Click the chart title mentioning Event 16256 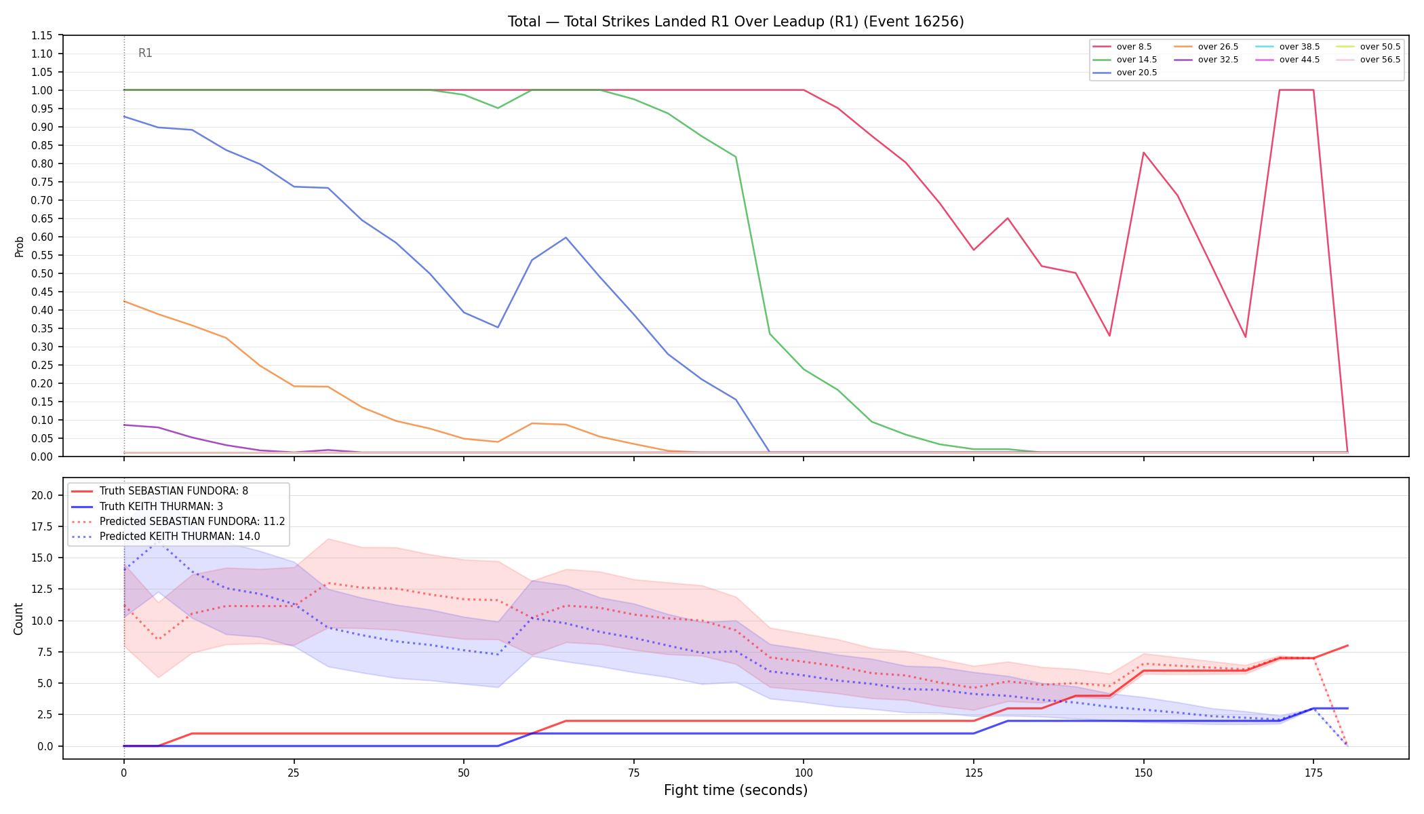click(x=736, y=22)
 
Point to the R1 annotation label click(x=145, y=53)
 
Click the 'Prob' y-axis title click(x=20, y=246)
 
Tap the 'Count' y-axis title click(x=18, y=619)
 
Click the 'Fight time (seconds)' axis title click(x=736, y=790)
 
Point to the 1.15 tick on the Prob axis click(x=42, y=35)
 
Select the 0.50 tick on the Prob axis click(x=42, y=273)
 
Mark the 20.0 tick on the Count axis click(x=42, y=495)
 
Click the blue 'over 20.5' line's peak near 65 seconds click(x=566, y=237)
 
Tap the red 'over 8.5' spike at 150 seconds click(x=1143, y=153)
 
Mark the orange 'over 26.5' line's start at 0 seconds click(x=124, y=301)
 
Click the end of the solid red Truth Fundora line click(x=1347, y=646)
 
